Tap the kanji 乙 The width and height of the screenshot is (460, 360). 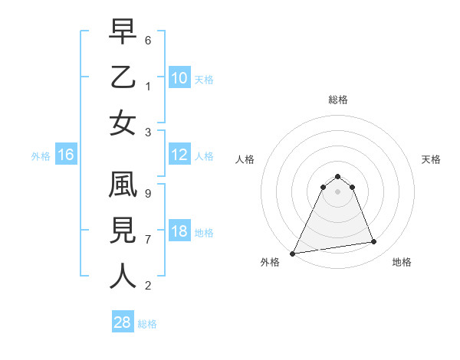pyautogui.click(x=123, y=79)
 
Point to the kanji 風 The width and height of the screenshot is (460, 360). pyautogui.click(x=123, y=187)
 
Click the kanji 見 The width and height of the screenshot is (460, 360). pyautogui.click(x=123, y=231)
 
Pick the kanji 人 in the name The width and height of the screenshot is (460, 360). pyautogui.click(x=123, y=276)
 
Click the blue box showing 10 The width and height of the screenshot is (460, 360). pyautogui.click(x=179, y=78)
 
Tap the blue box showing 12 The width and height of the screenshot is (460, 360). pyautogui.click(x=179, y=155)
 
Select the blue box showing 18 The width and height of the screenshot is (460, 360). pyautogui.click(x=179, y=231)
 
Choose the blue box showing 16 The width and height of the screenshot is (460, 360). pyautogui.click(x=66, y=155)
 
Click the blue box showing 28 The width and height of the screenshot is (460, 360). pyautogui.click(x=122, y=322)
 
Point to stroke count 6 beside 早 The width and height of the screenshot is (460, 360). pyautogui.click(x=148, y=38)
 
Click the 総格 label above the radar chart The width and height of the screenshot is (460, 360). pyautogui.click(x=337, y=100)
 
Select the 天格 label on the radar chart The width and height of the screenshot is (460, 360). pyautogui.click(x=432, y=159)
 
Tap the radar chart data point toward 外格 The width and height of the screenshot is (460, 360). pyautogui.click(x=292, y=253)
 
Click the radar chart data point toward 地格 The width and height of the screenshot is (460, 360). pyautogui.click(x=374, y=242)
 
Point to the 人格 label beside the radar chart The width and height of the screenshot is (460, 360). pyautogui.click(x=245, y=159)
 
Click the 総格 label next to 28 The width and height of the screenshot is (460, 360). pyautogui.click(x=147, y=324)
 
